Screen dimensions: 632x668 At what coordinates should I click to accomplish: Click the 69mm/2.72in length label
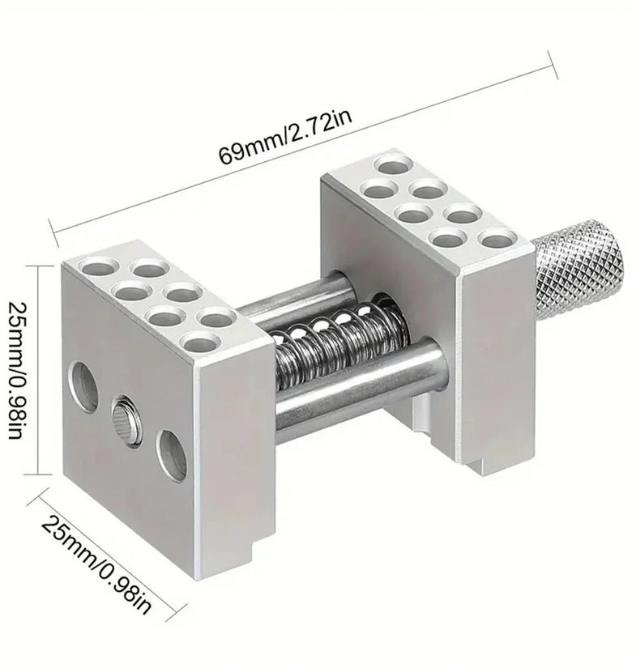coord(285,136)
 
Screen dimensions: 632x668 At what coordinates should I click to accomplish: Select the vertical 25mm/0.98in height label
coord(19,370)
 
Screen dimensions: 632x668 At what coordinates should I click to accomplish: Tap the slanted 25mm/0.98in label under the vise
coord(96,565)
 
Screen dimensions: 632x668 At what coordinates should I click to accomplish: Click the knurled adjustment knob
coord(580,270)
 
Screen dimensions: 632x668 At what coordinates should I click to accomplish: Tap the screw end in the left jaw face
coord(126,420)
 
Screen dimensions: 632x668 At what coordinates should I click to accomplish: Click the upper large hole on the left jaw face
coord(83,387)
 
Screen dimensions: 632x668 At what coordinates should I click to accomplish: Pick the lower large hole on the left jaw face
coord(172,455)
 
